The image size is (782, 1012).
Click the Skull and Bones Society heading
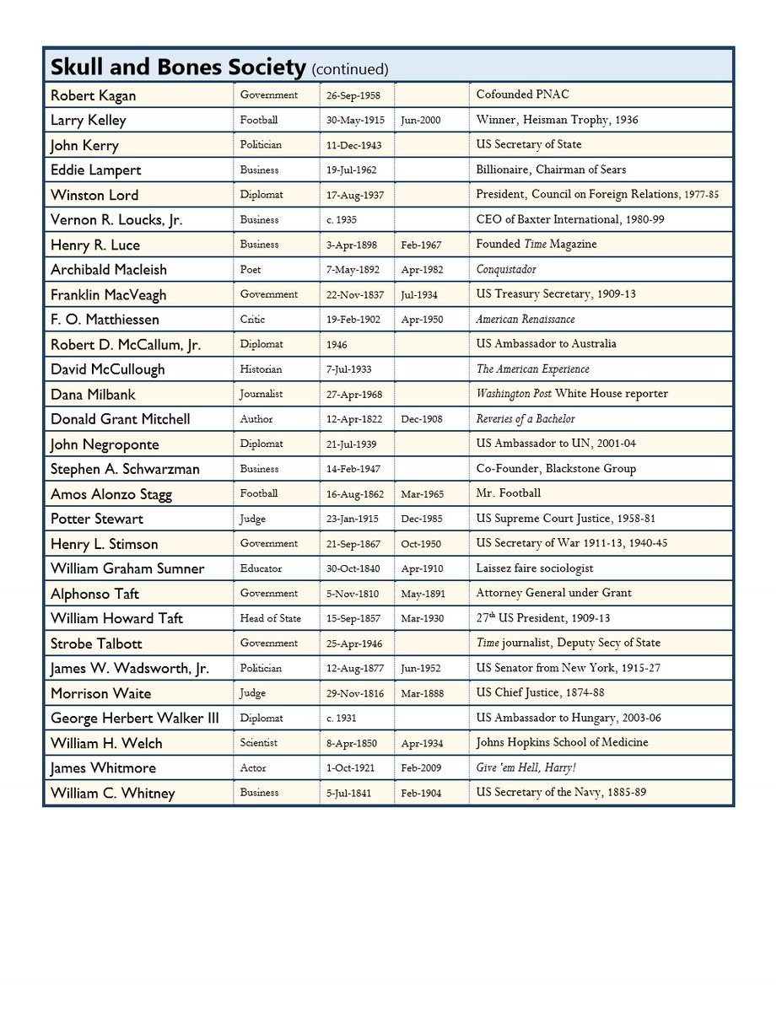[x=178, y=67]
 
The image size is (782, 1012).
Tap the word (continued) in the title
[x=350, y=69]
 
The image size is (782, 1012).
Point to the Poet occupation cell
[x=251, y=270]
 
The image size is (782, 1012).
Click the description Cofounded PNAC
[x=522, y=94]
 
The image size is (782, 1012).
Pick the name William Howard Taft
[x=116, y=618]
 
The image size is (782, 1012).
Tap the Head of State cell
[x=270, y=618]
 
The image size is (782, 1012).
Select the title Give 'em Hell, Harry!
[x=526, y=768]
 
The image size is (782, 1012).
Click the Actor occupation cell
[x=252, y=768]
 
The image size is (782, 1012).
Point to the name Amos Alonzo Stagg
[x=111, y=493]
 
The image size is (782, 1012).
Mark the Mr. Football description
[x=509, y=493]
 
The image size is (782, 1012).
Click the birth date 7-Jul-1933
[x=348, y=369]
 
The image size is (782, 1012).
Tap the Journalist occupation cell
[x=261, y=394]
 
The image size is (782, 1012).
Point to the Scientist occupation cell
[x=258, y=743]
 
